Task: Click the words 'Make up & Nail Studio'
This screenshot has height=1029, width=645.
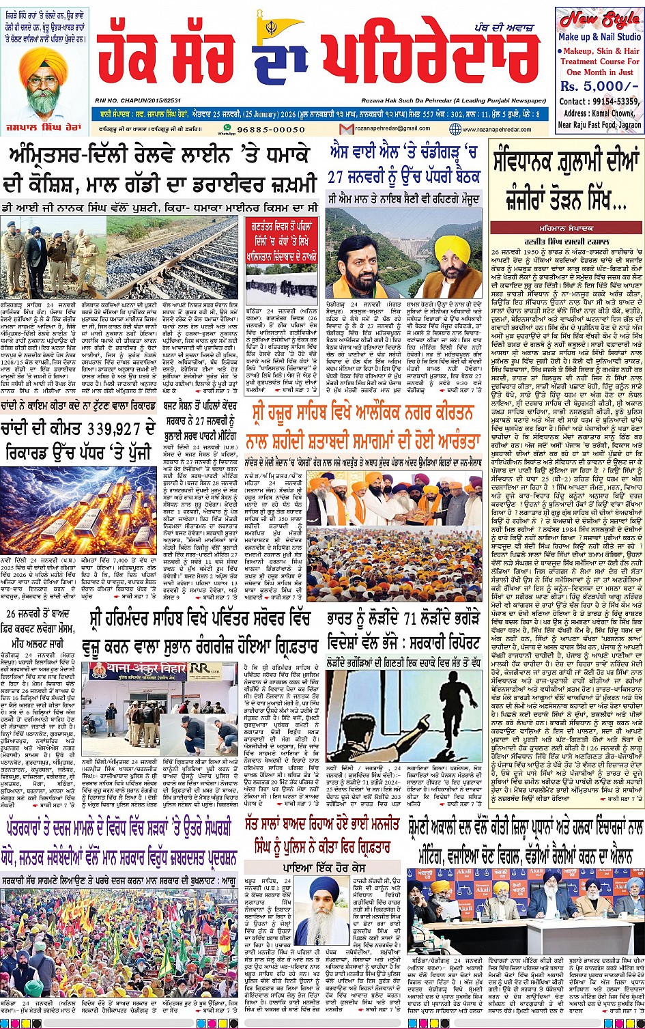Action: pos(599,37)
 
